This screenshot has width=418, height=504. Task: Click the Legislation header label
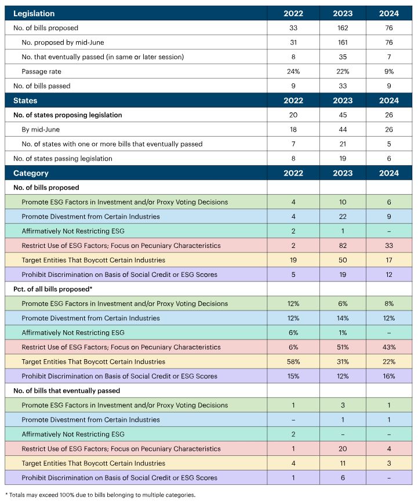pyautogui.click(x=34, y=13)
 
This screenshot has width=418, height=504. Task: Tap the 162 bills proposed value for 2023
pyautogui.click(x=342, y=28)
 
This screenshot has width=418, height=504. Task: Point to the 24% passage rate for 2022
pyautogui.click(x=293, y=71)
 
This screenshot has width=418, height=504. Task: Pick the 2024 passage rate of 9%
pyautogui.click(x=389, y=71)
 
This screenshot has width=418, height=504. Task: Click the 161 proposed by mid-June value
pyautogui.click(x=342, y=42)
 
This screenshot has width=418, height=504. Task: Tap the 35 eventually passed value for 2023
pyautogui.click(x=342, y=57)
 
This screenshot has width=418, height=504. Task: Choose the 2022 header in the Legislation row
pyautogui.click(x=293, y=13)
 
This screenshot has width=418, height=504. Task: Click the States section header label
pyautogui.click(x=25, y=100)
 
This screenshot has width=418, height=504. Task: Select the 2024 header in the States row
pyautogui.click(x=389, y=100)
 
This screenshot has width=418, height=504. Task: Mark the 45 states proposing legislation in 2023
pyautogui.click(x=342, y=115)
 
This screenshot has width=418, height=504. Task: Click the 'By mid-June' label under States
pyautogui.click(x=41, y=129)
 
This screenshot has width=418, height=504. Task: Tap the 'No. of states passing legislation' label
pyautogui.click(x=63, y=158)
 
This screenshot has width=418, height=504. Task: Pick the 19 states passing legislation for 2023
pyautogui.click(x=342, y=158)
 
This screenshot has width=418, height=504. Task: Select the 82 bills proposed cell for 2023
pyautogui.click(x=342, y=246)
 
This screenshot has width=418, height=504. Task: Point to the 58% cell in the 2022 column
pyautogui.click(x=293, y=361)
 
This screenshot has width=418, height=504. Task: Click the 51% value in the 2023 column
pyautogui.click(x=342, y=347)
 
